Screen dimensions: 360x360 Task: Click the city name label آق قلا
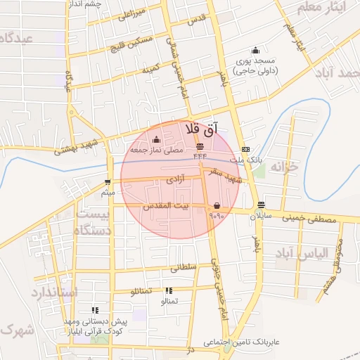coord(202,130)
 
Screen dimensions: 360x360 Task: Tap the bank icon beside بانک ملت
coord(245,149)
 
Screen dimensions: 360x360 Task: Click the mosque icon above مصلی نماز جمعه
coord(156,140)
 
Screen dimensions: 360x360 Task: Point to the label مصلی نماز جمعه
coord(156,150)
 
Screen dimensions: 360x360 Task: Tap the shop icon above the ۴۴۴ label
coord(200,146)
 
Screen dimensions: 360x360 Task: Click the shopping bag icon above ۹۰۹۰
coord(217,205)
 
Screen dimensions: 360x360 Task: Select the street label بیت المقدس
coord(167,206)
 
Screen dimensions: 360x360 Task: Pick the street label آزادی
coord(175,181)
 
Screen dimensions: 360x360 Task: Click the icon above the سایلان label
coord(262,205)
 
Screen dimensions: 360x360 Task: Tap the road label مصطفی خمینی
coord(309,219)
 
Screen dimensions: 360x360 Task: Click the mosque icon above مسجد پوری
coord(255,50)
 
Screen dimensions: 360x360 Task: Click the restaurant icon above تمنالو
coord(169,290)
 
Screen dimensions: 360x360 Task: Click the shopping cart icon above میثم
coord(107,181)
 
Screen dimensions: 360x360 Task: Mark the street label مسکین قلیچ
coord(131,46)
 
